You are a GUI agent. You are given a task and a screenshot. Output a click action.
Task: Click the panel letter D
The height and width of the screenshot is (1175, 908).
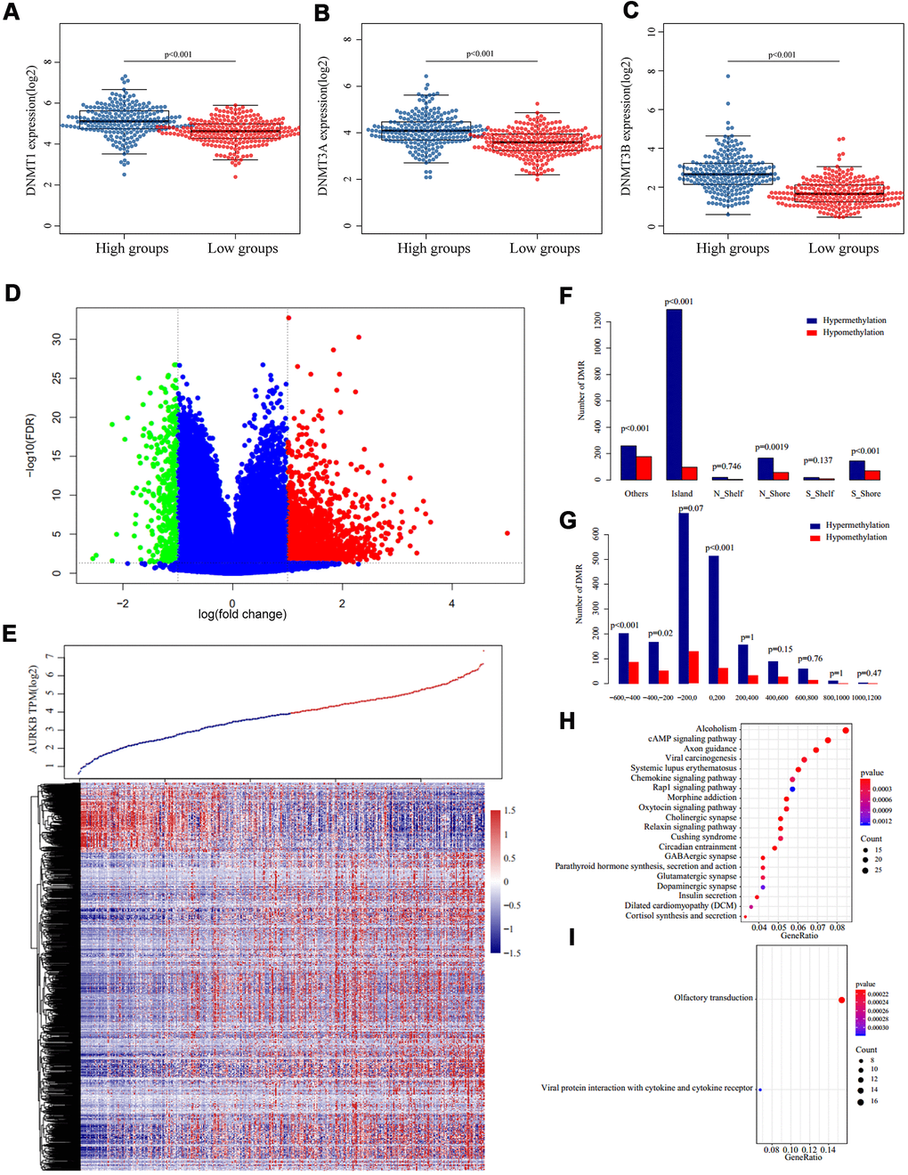(12, 293)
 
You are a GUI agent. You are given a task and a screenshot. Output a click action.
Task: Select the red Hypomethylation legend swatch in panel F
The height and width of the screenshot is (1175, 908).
(811, 333)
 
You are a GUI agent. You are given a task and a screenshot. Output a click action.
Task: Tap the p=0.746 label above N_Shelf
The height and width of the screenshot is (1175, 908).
(726, 466)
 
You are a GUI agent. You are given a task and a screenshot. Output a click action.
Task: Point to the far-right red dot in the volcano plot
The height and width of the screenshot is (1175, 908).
(507, 533)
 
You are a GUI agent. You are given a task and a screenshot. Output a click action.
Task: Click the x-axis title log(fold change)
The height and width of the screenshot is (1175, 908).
(242, 614)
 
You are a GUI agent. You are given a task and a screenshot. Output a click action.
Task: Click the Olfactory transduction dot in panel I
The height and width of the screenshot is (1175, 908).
(841, 1000)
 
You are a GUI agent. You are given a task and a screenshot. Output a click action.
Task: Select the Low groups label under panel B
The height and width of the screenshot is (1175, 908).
(544, 248)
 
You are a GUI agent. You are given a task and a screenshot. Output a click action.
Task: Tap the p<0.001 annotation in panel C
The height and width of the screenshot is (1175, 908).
(782, 55)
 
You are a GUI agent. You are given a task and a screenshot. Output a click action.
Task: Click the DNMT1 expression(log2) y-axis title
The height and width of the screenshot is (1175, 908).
(31, 130)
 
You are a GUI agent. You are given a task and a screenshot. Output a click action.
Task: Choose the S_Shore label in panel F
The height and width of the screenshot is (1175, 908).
(865, 493)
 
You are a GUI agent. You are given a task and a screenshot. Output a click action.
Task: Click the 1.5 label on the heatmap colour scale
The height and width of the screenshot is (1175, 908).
(510, 811)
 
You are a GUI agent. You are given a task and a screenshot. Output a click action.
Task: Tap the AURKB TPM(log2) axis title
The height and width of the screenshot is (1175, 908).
(34, 709)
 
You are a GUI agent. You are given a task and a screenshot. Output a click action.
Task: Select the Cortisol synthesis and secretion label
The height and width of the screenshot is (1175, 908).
(681, 915)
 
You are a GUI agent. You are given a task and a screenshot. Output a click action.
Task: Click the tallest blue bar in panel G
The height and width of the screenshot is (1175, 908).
(684, 598)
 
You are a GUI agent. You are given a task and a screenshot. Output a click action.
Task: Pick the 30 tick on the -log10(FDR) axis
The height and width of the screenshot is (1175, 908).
(57, 339)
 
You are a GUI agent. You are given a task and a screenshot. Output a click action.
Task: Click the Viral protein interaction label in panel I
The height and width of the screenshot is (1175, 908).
(646, 1088)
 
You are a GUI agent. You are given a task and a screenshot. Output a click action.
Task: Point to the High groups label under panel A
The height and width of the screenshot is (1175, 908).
(132, 248)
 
